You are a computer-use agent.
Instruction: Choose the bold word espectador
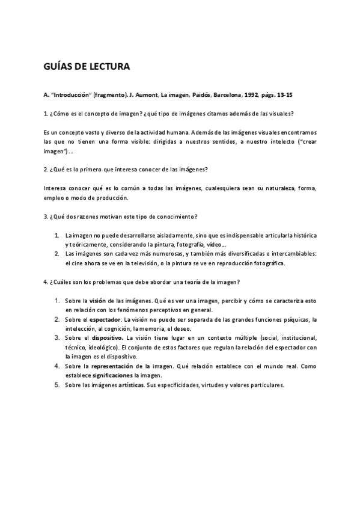(x=105, y=319)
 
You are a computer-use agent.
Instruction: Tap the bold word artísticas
(x=131, y=385)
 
